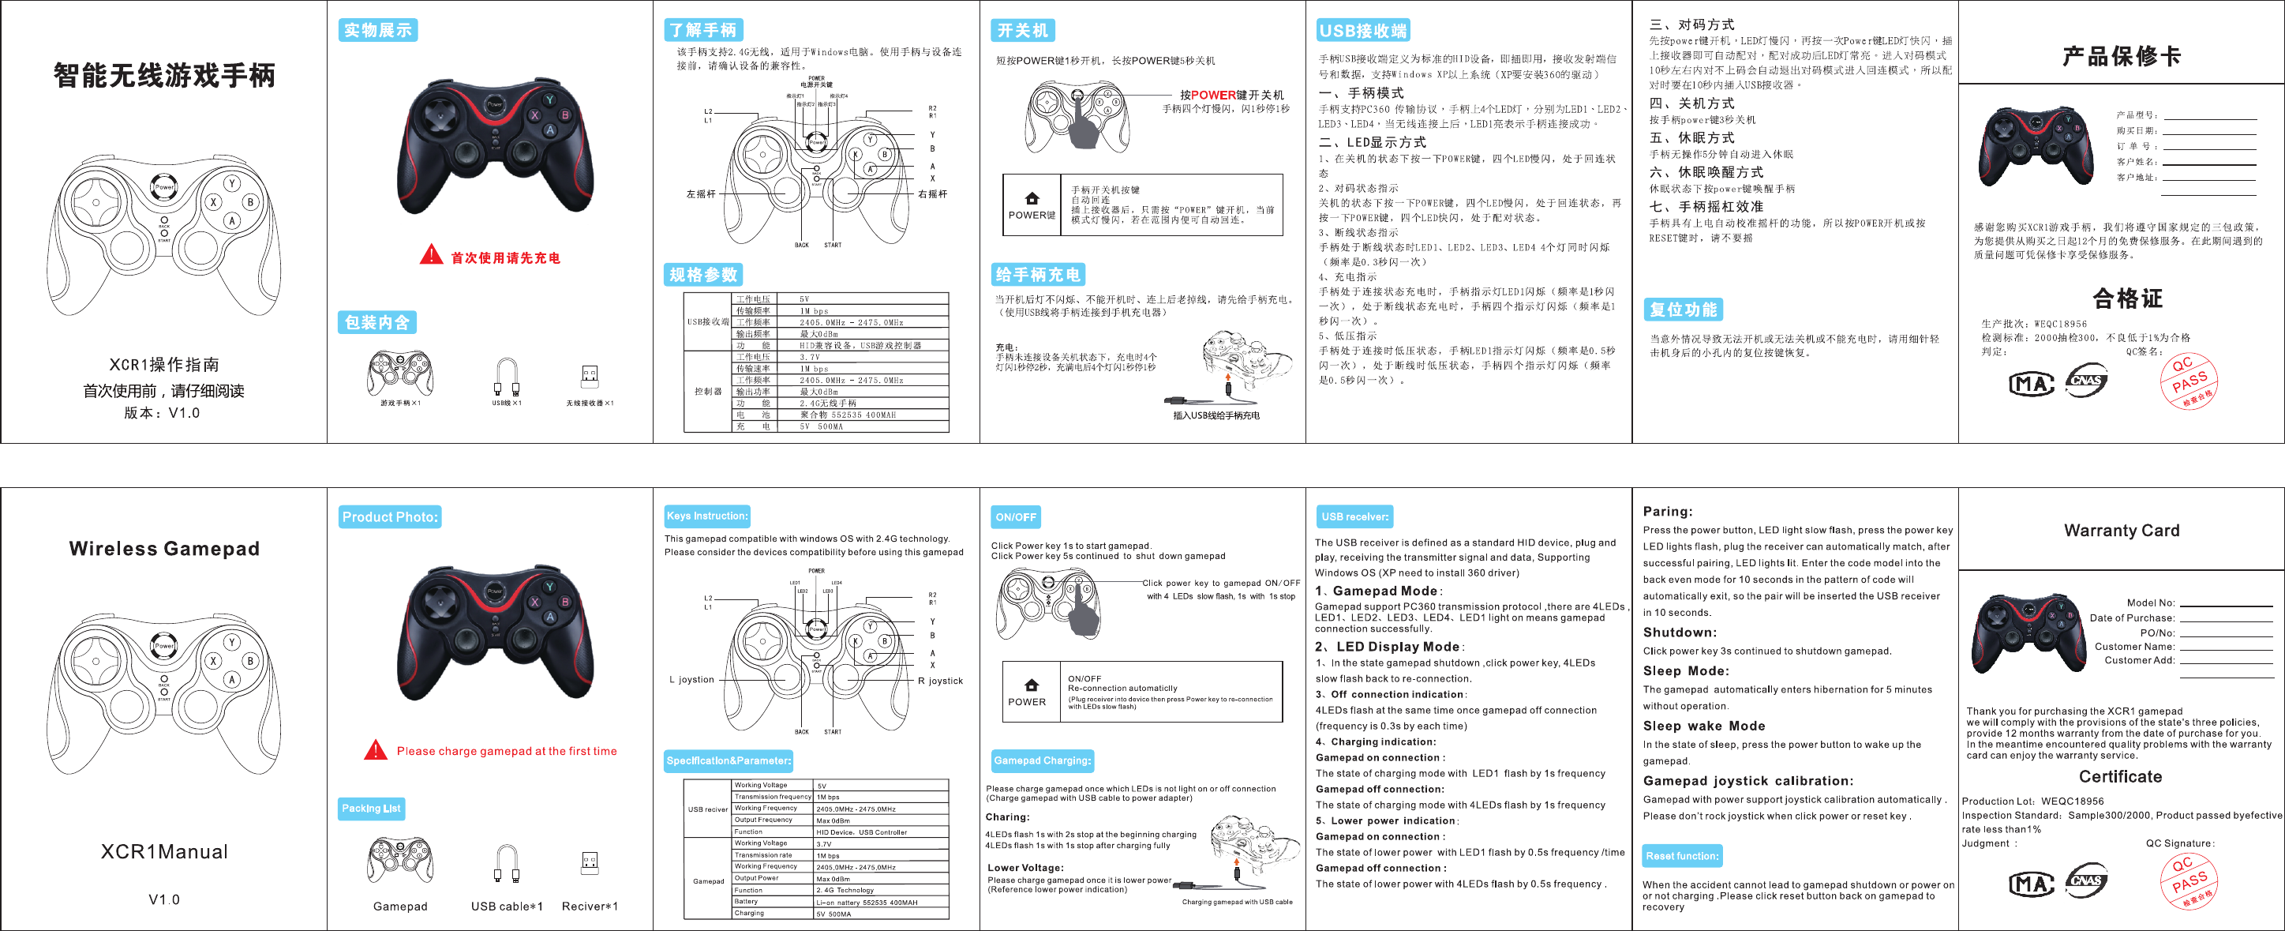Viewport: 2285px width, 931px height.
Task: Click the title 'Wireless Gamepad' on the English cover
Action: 164,549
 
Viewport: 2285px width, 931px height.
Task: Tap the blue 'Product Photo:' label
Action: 389,516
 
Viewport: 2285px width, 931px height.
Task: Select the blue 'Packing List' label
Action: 372,809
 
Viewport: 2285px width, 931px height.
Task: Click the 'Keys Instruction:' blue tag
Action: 707,516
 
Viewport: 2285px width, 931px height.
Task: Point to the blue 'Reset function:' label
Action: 1682,855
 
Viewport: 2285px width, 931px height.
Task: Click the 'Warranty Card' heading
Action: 2121,531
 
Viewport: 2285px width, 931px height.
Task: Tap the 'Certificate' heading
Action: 2120,776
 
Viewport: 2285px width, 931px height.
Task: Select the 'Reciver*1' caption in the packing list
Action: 589,907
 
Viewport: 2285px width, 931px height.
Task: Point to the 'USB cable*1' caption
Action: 507,907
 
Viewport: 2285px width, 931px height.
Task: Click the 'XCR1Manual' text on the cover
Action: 164,852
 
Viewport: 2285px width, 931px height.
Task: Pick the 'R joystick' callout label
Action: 940,681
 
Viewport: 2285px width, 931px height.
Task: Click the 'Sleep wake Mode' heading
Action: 1703,726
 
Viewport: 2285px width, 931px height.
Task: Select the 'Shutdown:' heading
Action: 1679,633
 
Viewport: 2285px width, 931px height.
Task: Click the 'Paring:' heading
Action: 1667,511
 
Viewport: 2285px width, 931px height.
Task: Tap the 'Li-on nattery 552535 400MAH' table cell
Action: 867,902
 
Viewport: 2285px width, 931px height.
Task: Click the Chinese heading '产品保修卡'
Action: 2121,57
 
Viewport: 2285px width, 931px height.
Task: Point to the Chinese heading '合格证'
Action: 2127,298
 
